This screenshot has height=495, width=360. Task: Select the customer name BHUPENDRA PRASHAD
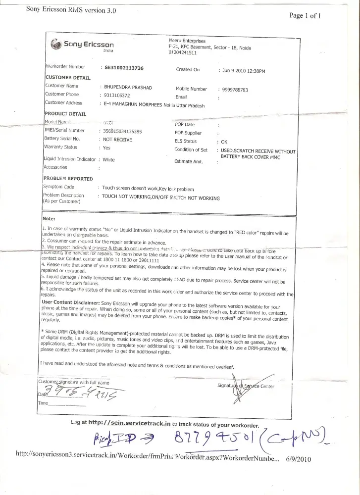(128, 88)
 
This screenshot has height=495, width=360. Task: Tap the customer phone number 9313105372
(117, 95)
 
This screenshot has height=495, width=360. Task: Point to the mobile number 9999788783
(236, 90)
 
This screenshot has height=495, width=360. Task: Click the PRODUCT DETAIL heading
(65, 114)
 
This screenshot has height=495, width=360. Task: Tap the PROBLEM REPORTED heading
(68, 178)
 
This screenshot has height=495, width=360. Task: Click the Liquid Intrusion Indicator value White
(108, 160)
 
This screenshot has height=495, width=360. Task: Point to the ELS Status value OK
(224, 142)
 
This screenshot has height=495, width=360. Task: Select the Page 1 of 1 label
(305, 15)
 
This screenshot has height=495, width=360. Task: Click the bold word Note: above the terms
(49, 218)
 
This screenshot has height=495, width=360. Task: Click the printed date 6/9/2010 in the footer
(298, 459)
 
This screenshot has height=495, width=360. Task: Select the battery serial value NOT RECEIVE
(117, 139)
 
